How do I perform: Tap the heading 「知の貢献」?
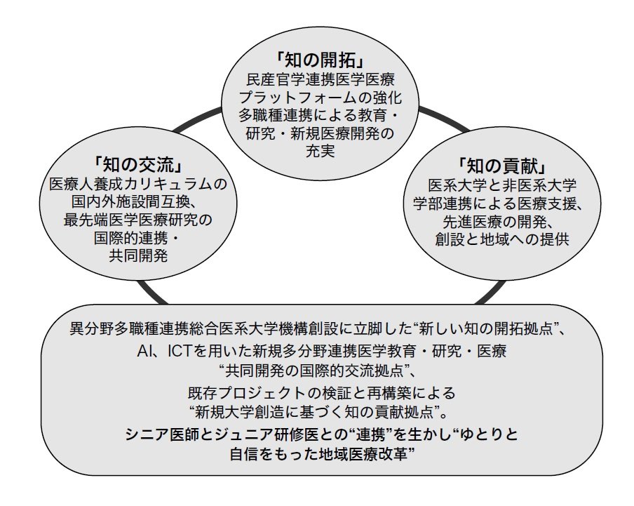point(501,166)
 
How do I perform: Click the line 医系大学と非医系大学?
point(502,185)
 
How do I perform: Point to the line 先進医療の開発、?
point(502,220)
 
